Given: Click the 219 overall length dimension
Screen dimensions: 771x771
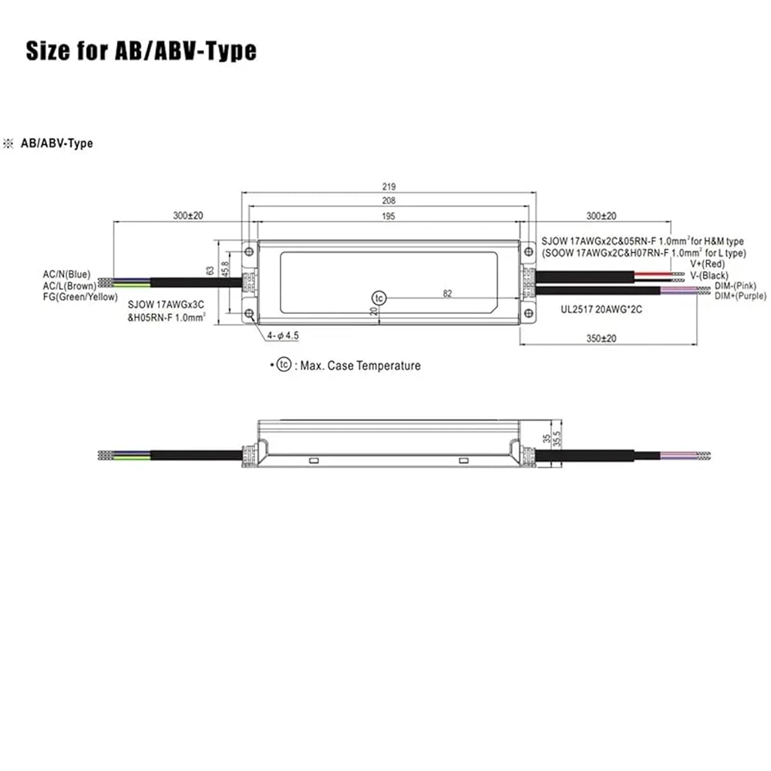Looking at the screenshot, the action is (x=389, y=187).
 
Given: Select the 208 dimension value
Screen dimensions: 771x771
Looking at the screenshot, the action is (x=389, y=200).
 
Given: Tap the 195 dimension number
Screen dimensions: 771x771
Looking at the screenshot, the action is (x=389, y=217).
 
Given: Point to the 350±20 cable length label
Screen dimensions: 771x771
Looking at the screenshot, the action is (x=601, y=338).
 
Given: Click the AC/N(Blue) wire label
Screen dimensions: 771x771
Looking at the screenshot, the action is (x=66, y=274).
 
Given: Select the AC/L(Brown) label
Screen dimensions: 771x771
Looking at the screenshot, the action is (x=69, y=286).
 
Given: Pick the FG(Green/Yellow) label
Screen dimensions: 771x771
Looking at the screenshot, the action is (x=80, y=297).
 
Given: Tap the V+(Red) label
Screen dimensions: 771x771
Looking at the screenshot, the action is (x=707, y=264).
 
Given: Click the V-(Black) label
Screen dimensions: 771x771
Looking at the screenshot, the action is (x=709, y=275).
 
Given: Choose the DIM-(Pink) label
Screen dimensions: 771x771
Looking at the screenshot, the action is (x=735, y=286).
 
